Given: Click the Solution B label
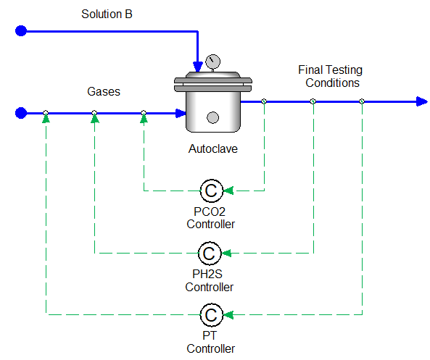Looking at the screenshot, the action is (107, 14).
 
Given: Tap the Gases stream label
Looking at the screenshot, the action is (104, 91).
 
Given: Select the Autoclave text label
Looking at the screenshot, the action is (212, 148).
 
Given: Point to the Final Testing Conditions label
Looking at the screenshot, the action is (330, 76).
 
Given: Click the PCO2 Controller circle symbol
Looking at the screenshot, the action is (212, 191).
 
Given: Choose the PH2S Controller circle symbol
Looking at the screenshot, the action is (210, 253).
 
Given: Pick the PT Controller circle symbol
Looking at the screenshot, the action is (212, 315).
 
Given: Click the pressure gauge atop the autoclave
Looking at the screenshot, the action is (212, 62).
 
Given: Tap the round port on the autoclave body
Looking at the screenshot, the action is (212, 118).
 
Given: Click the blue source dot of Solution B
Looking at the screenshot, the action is (21, 30).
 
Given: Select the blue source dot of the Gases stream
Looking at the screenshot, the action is (21, 113).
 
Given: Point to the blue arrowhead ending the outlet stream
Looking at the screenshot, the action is (422, 101).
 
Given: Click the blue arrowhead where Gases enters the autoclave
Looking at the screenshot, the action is (181, 113).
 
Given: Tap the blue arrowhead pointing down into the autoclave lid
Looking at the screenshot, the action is (198, 67).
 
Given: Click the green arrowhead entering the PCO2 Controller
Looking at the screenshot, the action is (228, 191).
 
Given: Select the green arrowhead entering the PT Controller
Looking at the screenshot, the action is (228, 315).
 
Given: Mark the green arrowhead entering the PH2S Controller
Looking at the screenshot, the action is (226, 253).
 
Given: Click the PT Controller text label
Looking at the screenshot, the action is (210, 342).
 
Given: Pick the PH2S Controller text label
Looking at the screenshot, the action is (209, 280).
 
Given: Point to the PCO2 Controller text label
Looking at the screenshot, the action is (210, 218).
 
